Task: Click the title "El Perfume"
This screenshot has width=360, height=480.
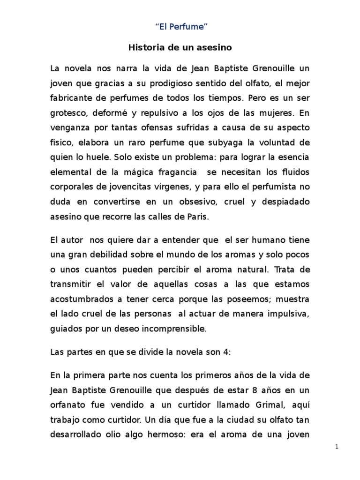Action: click(x=180, y=27)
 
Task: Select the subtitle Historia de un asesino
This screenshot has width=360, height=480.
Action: click(x=180, y=47)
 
